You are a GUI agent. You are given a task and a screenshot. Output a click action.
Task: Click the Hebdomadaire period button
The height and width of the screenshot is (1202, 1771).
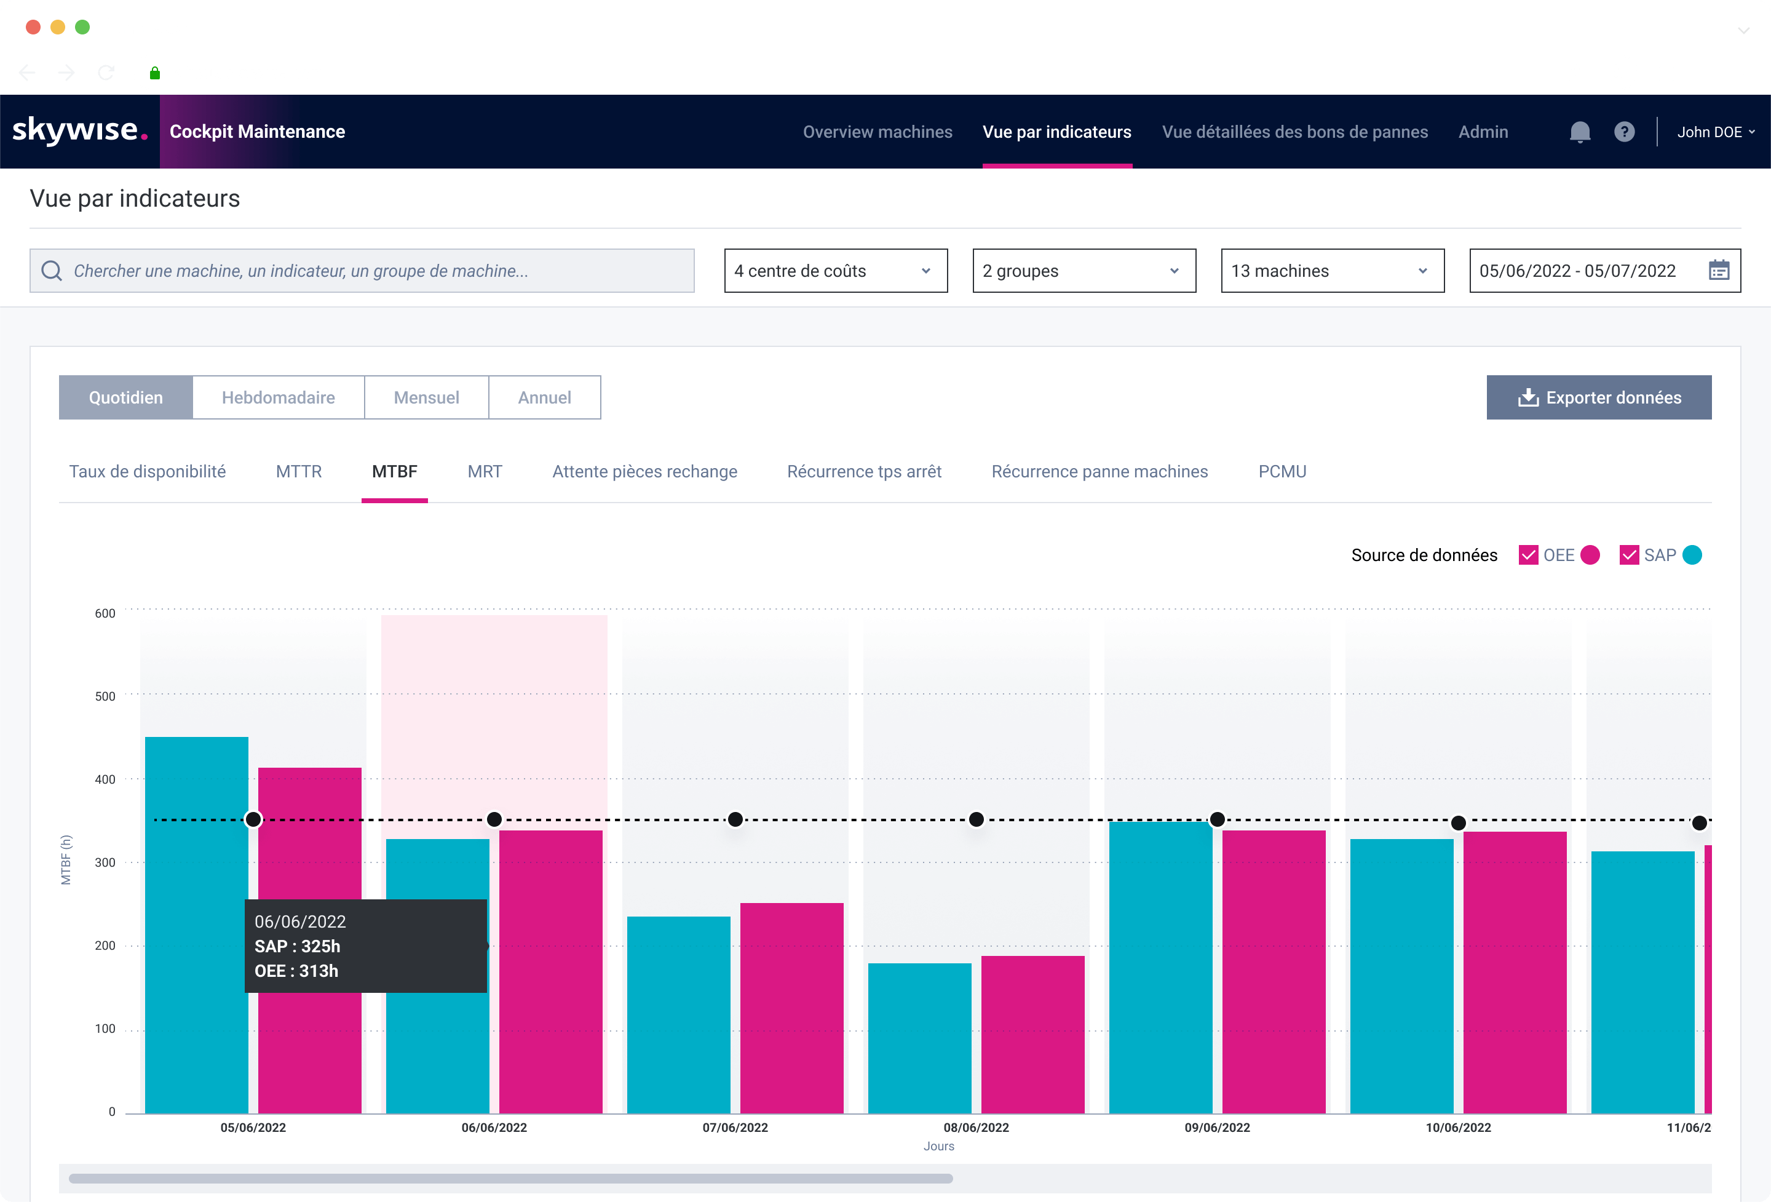278,397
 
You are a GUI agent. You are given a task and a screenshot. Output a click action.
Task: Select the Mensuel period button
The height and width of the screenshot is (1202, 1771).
426,397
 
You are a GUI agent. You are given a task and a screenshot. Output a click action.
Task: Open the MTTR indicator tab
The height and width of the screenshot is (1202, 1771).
299,471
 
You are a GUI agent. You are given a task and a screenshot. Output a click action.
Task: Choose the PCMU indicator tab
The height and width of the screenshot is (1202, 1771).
1282,471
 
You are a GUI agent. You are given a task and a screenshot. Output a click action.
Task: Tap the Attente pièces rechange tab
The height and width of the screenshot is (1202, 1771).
644,471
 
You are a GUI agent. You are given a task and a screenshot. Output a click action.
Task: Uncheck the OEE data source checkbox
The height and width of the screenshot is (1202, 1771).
1528,555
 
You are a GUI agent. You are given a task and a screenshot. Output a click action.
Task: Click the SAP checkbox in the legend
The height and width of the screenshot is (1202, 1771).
1628,555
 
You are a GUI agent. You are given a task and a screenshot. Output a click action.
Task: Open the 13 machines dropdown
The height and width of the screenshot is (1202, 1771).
1332,271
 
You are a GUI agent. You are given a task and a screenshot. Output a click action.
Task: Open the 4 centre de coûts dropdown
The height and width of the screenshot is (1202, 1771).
835,271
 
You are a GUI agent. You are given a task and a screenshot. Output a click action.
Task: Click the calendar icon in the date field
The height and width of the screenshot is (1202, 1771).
1718,271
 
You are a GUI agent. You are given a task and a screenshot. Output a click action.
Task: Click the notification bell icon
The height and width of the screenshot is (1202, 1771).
1580,132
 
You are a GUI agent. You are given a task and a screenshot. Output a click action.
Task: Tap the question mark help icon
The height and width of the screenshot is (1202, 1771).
1624,132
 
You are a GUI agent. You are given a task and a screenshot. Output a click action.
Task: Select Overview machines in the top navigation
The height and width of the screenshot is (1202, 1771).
877,132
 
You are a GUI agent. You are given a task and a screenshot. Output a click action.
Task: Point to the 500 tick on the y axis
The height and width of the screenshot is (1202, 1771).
105,696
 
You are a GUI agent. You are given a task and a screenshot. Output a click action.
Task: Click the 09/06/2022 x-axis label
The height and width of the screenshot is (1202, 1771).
1217,1128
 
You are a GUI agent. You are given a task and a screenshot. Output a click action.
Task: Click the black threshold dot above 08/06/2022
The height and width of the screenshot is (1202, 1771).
976,819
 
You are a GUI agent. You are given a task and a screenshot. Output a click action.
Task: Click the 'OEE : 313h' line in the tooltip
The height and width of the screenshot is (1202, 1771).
296,970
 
